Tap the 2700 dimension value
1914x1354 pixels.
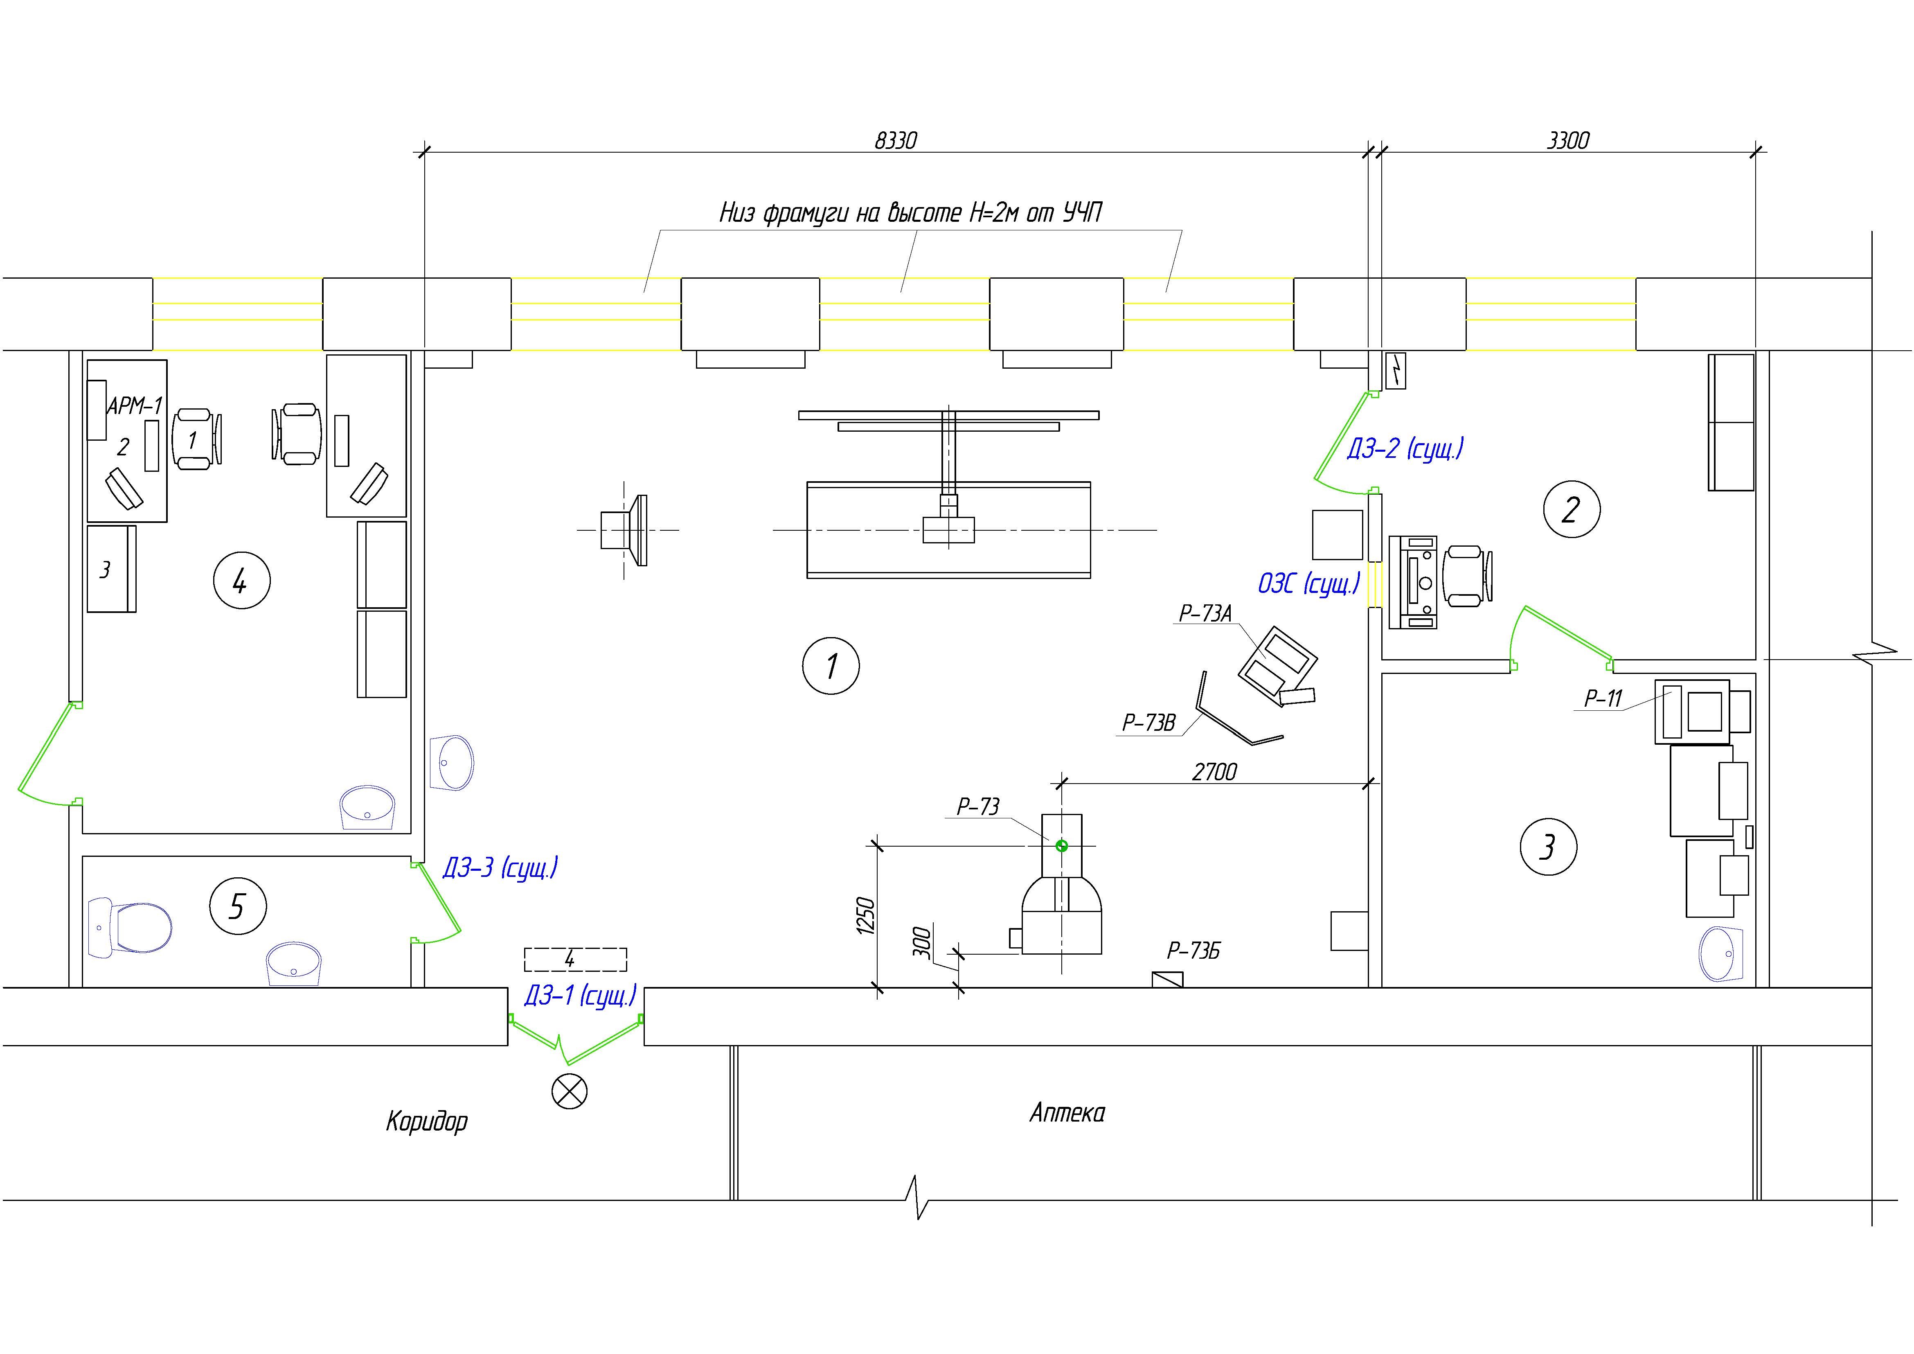click(1215, 772)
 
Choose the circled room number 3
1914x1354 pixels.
click(1548, 847)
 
